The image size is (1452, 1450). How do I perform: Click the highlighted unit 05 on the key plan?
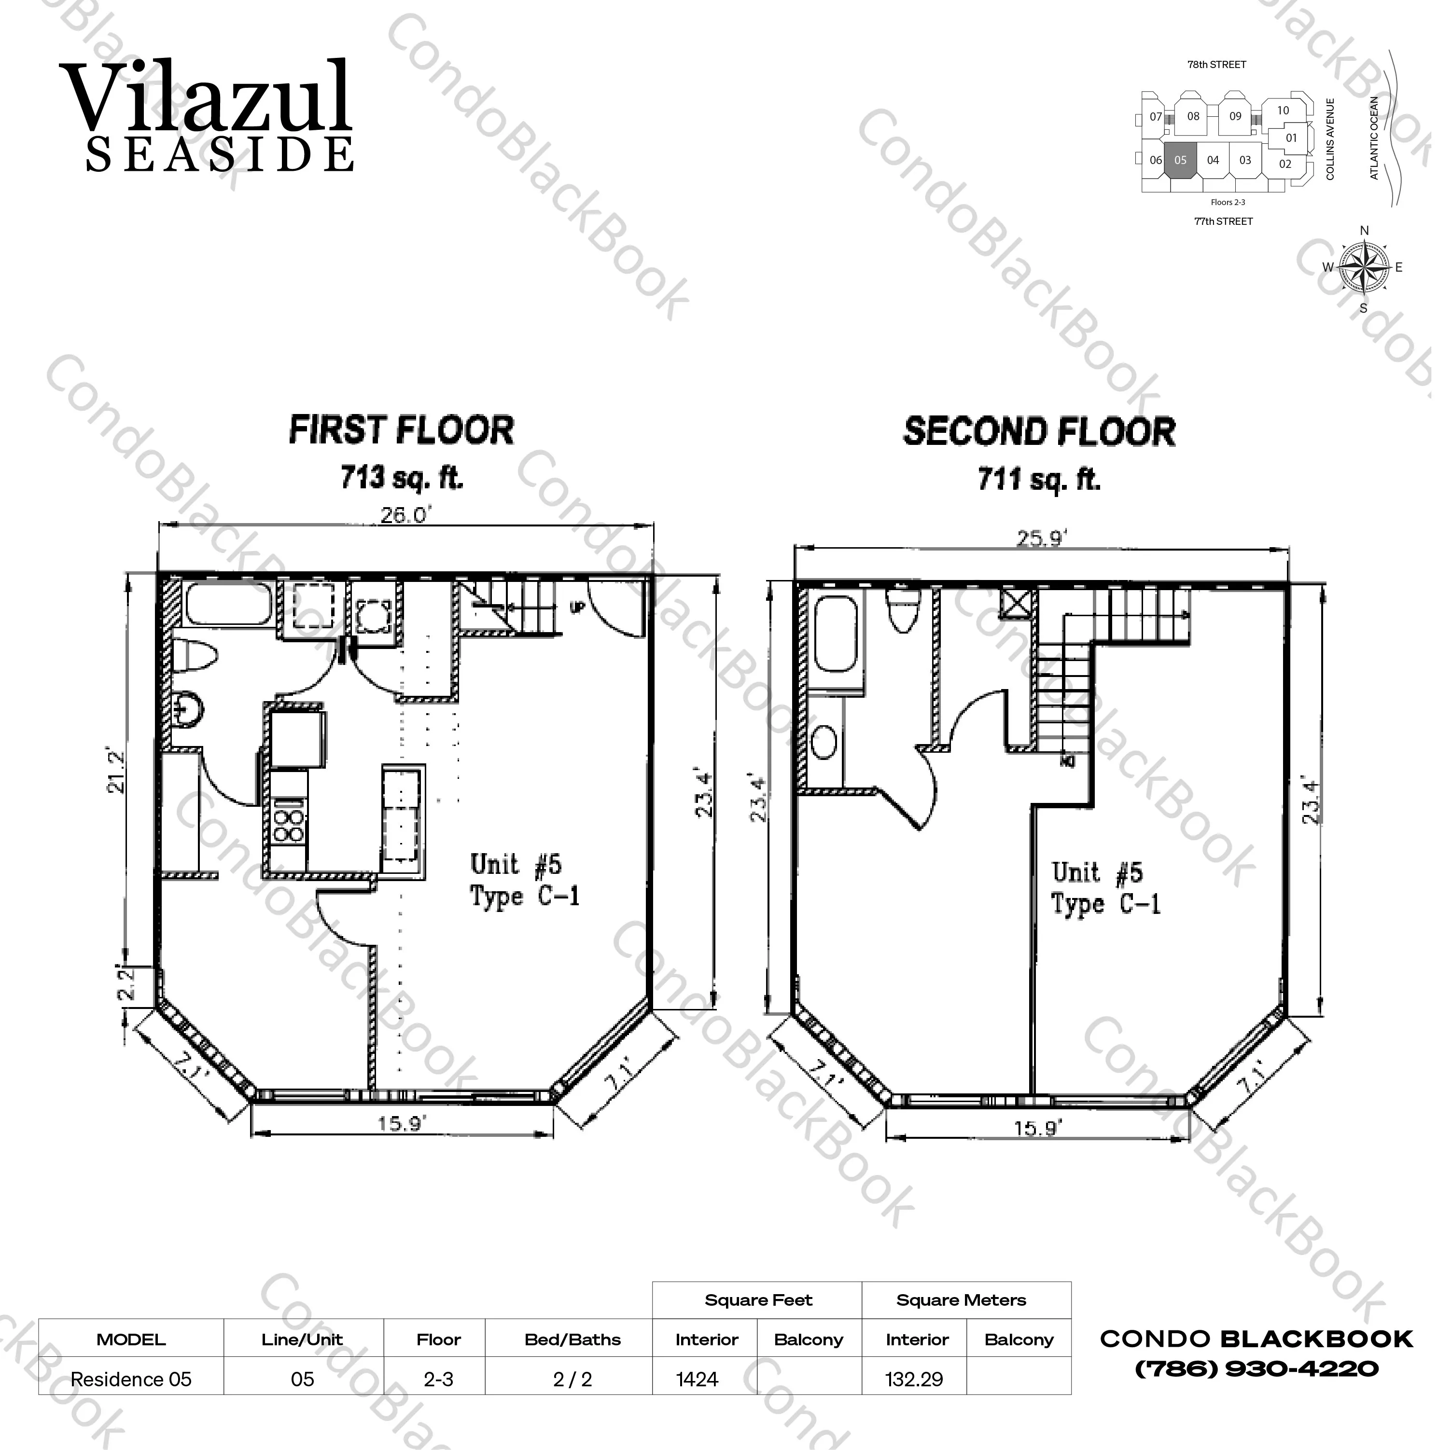point(1181,159)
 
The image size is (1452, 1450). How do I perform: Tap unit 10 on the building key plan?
point(1284,110)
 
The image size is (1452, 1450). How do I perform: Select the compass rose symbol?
point(1363,267)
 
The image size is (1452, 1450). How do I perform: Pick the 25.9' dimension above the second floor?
point(1042,538)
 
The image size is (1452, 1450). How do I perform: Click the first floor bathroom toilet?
point(195,656)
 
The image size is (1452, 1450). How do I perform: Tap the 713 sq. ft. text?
point(402,477)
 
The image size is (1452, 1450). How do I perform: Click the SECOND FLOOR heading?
point(1039,432)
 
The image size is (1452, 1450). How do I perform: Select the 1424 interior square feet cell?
point(698,1380)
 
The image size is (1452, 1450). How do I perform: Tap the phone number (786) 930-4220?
point(1257,1369)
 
